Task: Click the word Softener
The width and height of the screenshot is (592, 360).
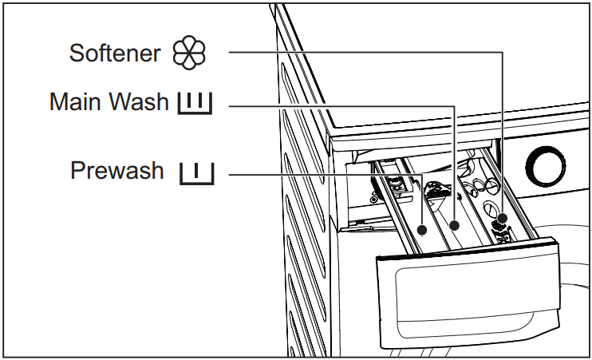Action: [x=116, y=53]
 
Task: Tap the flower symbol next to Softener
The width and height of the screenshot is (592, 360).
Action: [x=190, y=53]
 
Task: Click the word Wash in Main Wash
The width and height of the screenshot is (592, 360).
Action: [x=141, y=102]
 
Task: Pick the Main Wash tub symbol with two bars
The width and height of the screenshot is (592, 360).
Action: [x=195, y=103]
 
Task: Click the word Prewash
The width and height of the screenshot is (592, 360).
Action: [x=117, y=171]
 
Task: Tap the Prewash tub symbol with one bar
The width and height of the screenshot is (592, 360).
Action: [x=196, y=172]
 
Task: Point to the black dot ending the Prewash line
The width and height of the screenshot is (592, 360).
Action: [x=422, y=229]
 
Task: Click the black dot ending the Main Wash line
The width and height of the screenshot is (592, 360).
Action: [x=454, y=226]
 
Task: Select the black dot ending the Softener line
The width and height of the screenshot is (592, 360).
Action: [x=503, y=217]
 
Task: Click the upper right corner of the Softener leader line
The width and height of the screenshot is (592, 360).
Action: [x=503, y=53]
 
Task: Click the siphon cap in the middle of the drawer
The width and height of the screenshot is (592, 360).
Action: [x=435, y=192]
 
